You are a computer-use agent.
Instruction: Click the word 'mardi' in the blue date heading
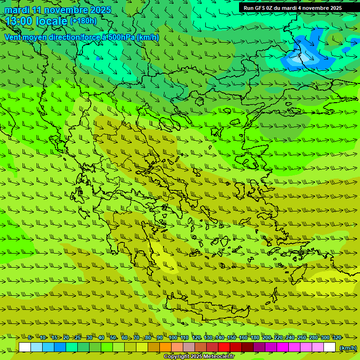tap(17, 10)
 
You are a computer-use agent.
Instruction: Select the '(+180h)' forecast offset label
tap(83, 21)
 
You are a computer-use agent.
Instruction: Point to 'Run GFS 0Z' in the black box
tap(258, 8)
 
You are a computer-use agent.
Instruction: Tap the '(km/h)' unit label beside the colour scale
tap(347, 347)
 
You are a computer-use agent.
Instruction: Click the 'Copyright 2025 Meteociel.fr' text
tap(199, 357)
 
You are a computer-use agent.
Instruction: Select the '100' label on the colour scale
tap(172, 337)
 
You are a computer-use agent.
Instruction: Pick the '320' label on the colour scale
tap(337, 337)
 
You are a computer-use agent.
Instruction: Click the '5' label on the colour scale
tap(30, 337)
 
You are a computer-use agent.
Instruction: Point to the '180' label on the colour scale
tap(255, 337)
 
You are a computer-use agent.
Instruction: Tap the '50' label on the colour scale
tap(113, 337)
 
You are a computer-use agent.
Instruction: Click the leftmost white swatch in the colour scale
tap(25, 347)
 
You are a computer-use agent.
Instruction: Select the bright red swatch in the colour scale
tap(224, 347)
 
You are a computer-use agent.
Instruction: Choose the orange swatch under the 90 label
tap(165, 347)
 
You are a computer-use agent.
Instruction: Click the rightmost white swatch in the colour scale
tap(330, 347)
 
